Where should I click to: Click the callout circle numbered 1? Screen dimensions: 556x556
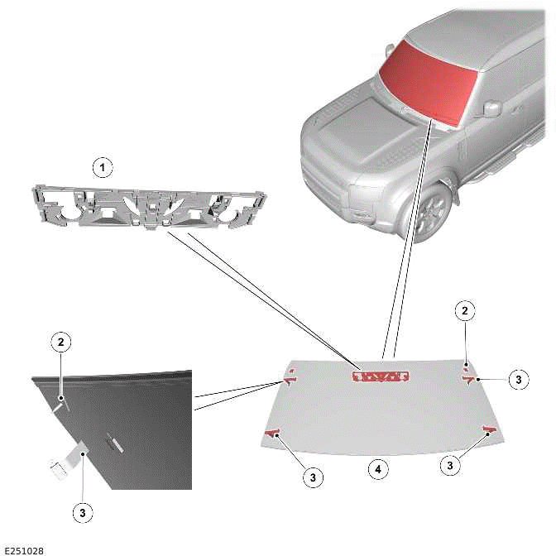coord(103,167)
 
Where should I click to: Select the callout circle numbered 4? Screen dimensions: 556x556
coord(378,469)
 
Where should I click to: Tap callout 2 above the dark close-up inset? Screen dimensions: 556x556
coord(61,343)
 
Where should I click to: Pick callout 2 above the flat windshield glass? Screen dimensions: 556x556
coord(465,310)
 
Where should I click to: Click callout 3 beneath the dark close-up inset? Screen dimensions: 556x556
coord(83,513)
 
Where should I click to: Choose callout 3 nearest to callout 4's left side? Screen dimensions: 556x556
coord(313,477)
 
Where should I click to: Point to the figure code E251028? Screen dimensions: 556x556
coord(24,551)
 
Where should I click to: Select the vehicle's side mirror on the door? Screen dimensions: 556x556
coord(492,108)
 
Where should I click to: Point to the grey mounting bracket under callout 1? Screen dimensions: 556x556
coord(149,207)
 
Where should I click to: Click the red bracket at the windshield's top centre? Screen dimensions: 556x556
coord(381,376)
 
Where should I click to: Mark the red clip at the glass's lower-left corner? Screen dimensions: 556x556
coord(272,433)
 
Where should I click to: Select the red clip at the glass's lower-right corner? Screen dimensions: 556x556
coord(491,430)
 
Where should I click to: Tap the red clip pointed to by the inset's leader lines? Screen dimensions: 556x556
coord(290,380)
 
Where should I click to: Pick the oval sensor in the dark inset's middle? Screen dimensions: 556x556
coord(114,444)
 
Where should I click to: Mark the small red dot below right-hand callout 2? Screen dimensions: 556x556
coord(467,365)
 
